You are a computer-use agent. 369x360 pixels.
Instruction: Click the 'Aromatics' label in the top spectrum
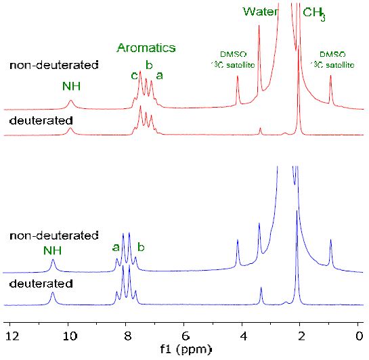146,48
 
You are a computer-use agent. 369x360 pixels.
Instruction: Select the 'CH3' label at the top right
314,13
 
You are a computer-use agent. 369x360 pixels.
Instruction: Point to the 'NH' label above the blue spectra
52,250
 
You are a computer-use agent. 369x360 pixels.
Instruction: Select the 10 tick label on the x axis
68,335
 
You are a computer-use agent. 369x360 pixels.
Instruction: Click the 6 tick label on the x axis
185,335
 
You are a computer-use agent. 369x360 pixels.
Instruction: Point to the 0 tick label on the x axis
359,335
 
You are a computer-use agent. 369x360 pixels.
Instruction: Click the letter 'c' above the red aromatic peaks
135,75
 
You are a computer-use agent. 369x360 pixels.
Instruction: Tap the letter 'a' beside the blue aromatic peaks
116,248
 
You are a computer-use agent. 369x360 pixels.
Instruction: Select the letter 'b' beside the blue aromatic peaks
141,248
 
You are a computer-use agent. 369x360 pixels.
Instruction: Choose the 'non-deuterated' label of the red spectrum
54,66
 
